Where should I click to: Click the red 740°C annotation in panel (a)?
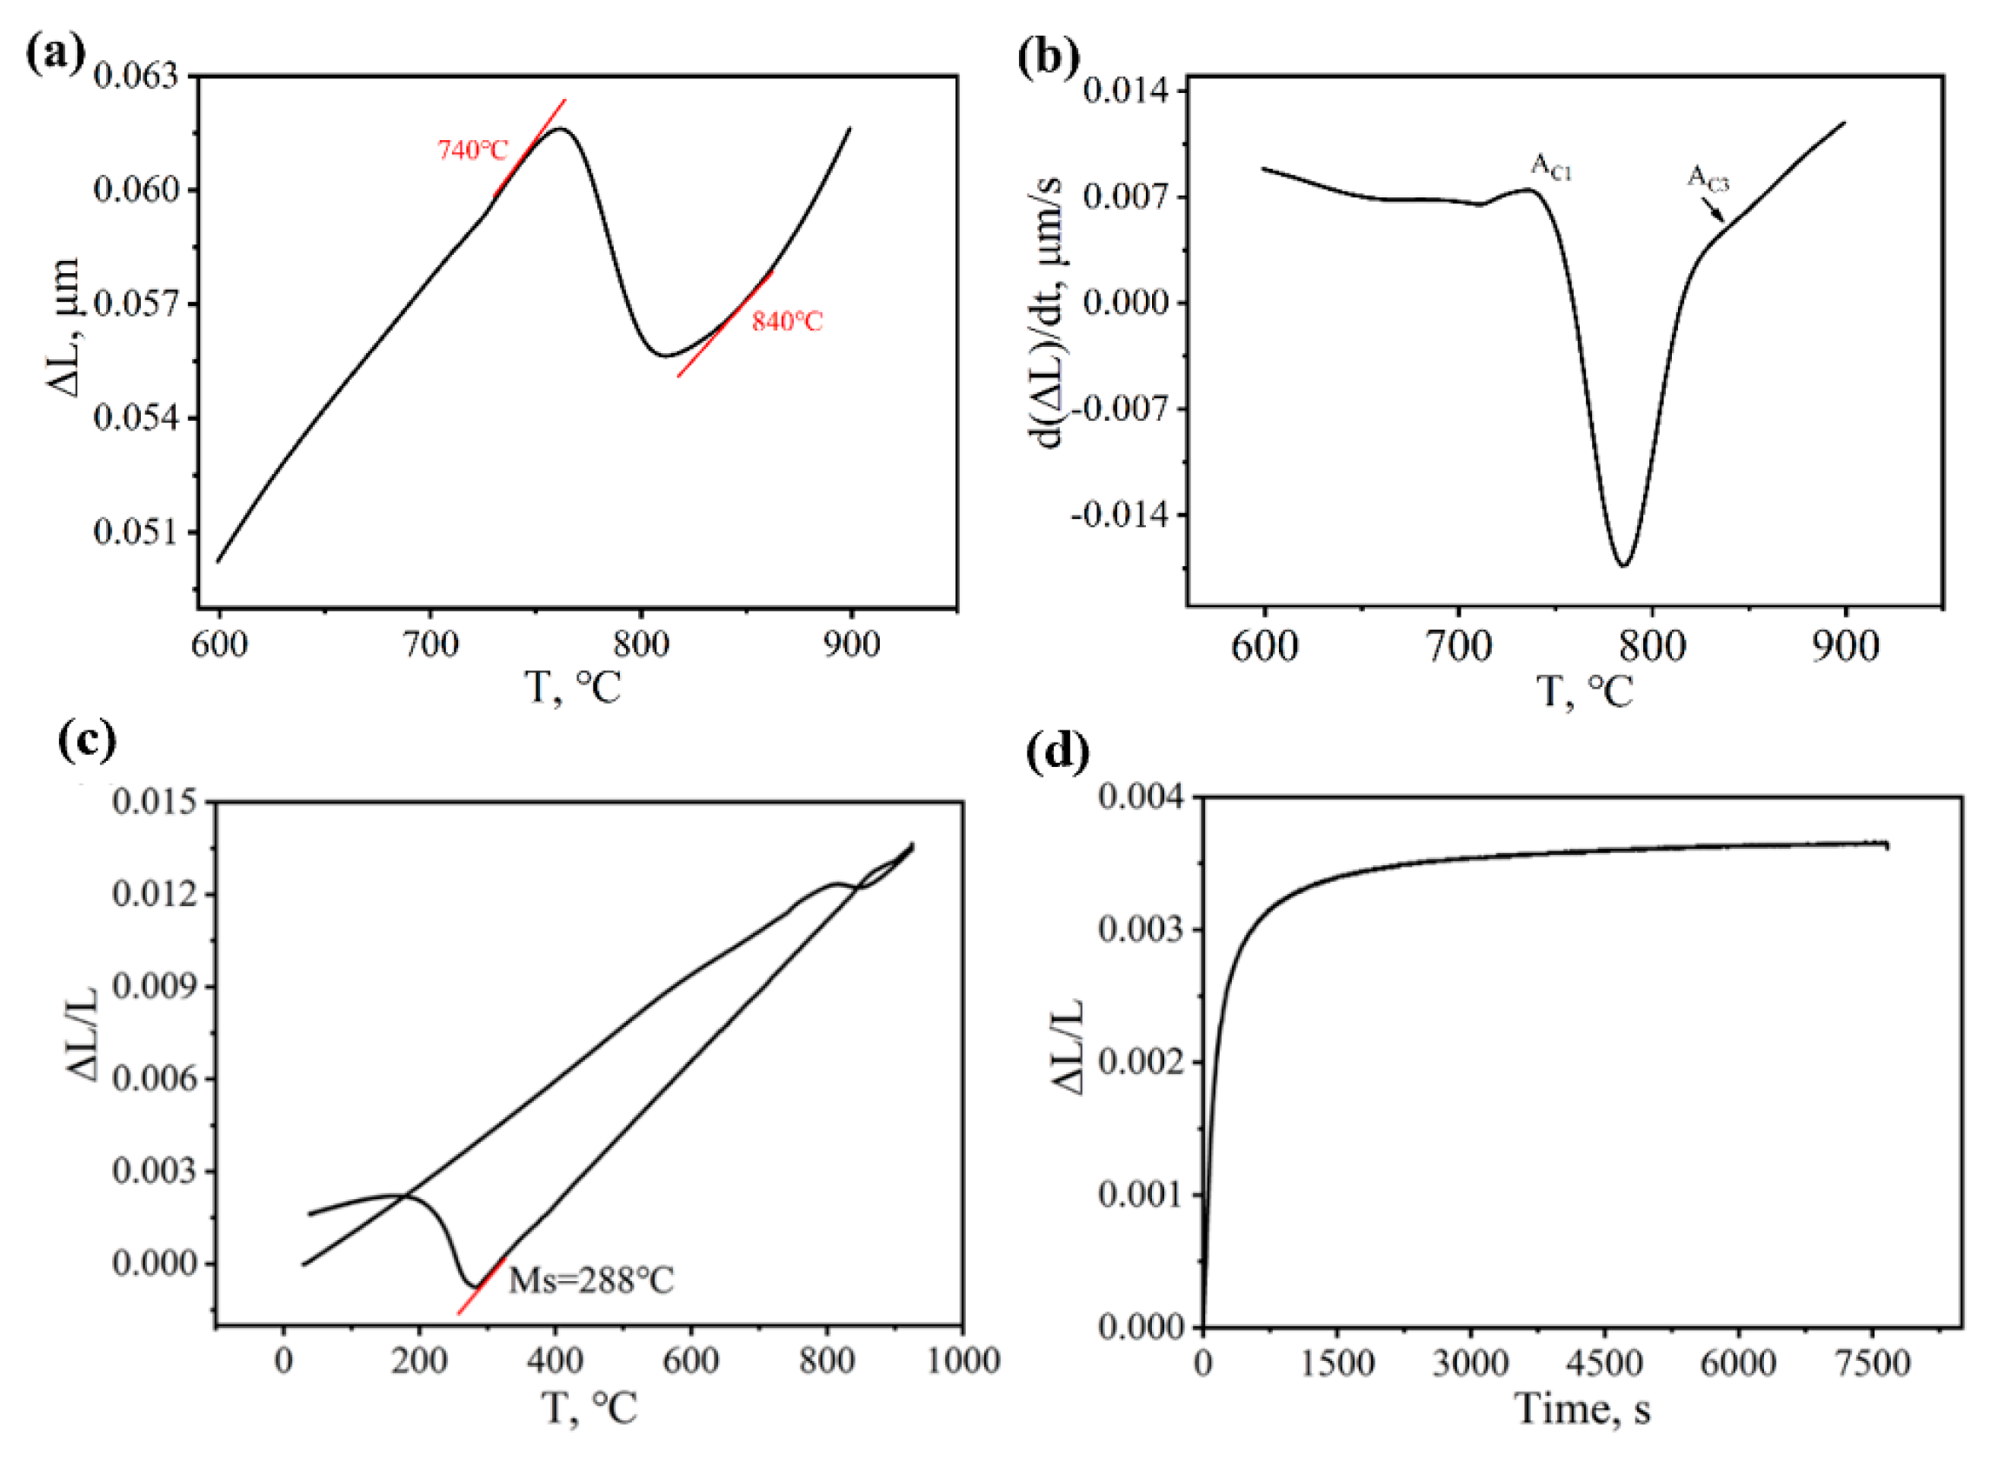point(473,150)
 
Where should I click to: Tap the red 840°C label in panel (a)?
point(786,321)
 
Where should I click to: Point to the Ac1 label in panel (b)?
point(1551,167)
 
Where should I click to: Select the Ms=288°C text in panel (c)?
point(590,1280)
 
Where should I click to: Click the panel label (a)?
point(55,55)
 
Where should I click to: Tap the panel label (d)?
point(1057,751)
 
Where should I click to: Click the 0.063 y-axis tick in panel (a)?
point(136,76)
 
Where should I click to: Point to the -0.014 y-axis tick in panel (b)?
point(1116,514)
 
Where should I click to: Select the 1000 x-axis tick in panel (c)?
point(962,1360)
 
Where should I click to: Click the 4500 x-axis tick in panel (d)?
point(1604,1363)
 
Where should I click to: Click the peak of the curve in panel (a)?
point(560,129)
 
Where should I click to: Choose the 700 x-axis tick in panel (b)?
point(1458,646)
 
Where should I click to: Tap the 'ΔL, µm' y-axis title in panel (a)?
point(63,327)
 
